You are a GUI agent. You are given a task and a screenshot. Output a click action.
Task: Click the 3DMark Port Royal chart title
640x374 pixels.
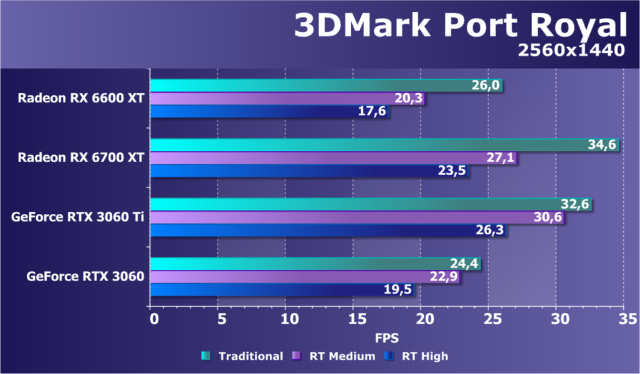coord(459,26)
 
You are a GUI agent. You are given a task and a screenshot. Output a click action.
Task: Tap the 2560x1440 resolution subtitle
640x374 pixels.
coord(571,50)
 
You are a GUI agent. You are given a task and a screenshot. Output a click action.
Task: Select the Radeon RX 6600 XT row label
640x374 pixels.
coord(81,98)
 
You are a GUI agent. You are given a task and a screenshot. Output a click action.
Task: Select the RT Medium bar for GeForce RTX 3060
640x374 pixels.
coord(305,277)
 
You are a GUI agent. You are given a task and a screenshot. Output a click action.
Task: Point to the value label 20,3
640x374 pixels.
coord(409,98)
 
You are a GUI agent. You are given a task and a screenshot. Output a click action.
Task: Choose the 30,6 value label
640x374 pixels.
coord(548,218)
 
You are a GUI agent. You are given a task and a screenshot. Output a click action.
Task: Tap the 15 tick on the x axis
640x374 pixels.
coord(353,319)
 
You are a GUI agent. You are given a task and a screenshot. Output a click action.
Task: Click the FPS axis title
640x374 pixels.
coord(386,337)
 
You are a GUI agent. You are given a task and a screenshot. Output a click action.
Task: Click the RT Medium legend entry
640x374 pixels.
coord(334,357)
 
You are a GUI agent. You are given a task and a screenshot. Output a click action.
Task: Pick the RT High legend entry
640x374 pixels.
coord(416,357)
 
